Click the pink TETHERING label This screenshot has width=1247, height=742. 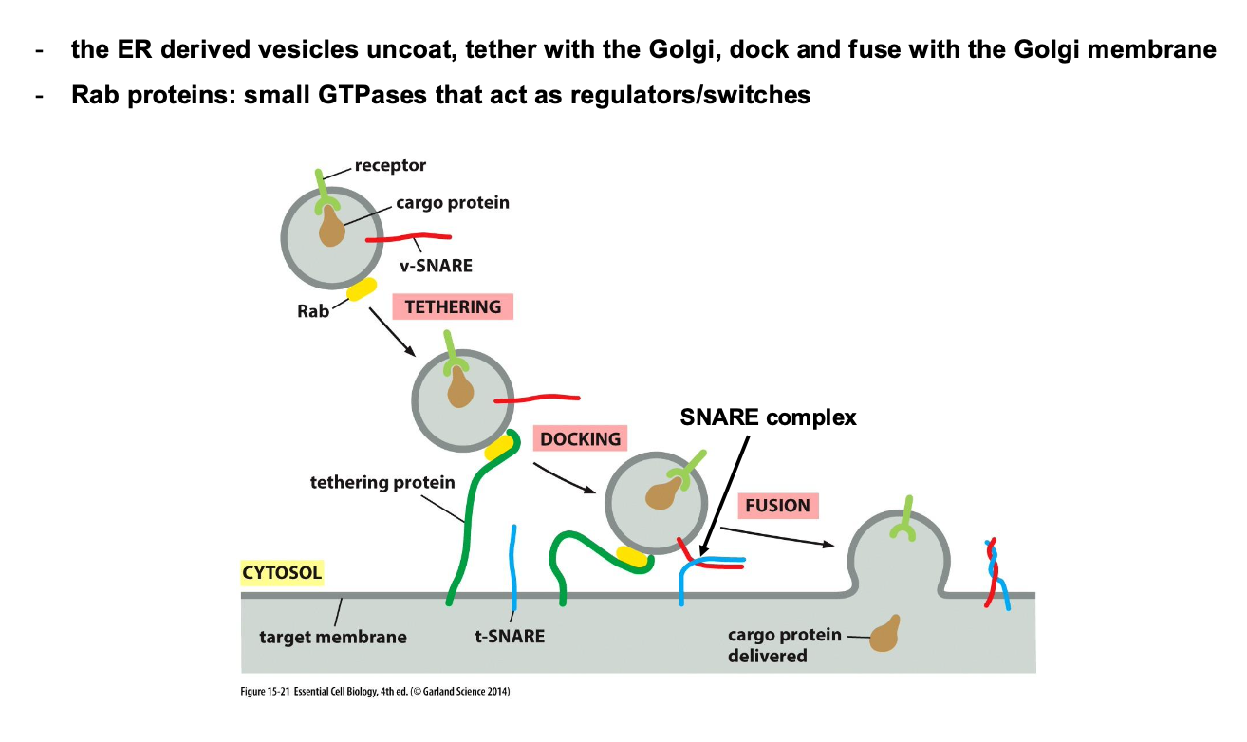point(452,306)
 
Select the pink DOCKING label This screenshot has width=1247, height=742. point(580,438)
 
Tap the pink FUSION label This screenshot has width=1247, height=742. point(777,505)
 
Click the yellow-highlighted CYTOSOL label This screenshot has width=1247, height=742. point(282,572)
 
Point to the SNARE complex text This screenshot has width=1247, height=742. point(768,417)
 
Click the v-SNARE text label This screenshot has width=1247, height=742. point(436,266)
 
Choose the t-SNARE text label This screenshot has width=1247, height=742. point(510,636)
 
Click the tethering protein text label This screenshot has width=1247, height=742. point(382,482)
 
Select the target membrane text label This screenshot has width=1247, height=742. point(332,636)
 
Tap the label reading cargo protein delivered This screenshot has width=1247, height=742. point(784,644)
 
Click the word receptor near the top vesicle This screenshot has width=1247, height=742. point(390,165)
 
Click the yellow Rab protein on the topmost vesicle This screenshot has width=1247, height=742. point(362,289)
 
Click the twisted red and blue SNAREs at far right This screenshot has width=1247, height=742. point(995,574)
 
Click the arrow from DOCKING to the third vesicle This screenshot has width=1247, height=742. point(565,479)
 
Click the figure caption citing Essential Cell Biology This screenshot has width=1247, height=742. point(376,692)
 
